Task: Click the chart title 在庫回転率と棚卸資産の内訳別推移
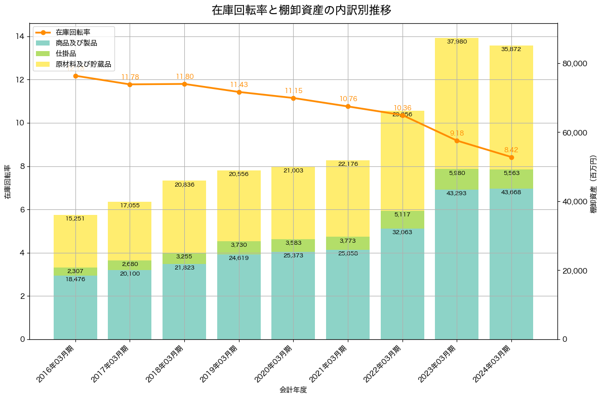(x=301, y=11)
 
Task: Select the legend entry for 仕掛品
(x=66, y=54)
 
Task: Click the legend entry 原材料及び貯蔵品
(x=83, y=65)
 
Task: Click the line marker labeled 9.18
(x=457, y=141)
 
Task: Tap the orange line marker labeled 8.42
(x=511, y=157)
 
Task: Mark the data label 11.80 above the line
(x=184, y=76)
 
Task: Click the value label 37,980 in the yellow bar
(x=457, y=41)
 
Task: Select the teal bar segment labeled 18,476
(x=75, y=307)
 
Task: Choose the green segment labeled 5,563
(x=511, y=179)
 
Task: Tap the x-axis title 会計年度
(x=293, y=390)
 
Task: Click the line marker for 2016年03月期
(x=75, y=76)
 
